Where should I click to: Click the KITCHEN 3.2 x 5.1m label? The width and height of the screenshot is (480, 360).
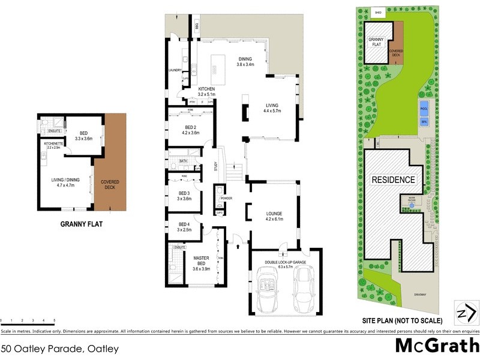coord(206,91)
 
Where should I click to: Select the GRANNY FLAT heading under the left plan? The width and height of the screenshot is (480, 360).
coord(82,226)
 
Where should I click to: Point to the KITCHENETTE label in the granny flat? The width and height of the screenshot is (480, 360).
coord(53,145)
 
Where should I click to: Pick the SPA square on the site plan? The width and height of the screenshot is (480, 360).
coord(424,121)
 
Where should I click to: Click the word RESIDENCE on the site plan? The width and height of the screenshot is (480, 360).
coord(393,179)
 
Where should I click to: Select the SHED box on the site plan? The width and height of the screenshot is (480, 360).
coord(378,13)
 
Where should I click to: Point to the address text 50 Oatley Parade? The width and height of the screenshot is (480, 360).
coord(60,348)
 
